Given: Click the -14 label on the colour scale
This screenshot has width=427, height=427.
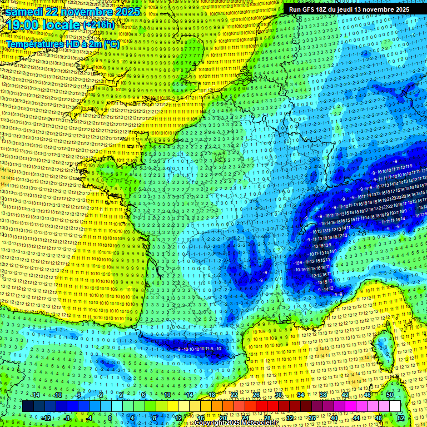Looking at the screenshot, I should [35, 395].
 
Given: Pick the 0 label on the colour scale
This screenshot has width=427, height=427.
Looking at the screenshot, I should [110, 418].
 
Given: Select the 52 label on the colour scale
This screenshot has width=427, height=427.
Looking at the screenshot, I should [401, 418].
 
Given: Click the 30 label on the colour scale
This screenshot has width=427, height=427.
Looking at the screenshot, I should [278, 395].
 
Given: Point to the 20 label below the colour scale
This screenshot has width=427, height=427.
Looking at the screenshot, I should [224, 418].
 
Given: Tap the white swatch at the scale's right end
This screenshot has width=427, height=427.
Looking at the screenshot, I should [395, 406].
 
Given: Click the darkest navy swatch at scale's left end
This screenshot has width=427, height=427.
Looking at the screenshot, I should [28, 406].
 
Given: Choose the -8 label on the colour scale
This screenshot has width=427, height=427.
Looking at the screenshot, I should [67, 418].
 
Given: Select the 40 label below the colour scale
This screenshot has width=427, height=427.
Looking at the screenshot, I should [334, 418].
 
